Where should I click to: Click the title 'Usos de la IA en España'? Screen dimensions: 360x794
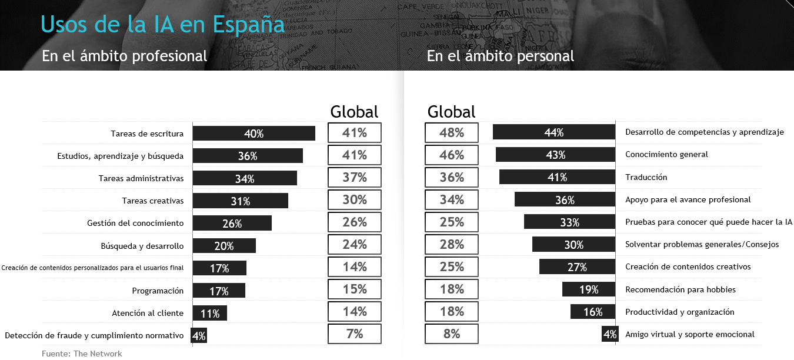[x=163, y=25]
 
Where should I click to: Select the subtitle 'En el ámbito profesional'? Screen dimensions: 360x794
[x=124, y=56]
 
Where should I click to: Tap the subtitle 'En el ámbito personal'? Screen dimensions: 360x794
[x=501, y=56]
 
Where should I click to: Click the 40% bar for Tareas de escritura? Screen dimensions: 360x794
[x=253, y=134]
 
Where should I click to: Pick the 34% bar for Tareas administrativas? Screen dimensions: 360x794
[x=245, y=178]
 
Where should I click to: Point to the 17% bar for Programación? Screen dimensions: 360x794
[x=219, y=291]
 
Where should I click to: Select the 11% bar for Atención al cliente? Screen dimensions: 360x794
[x=209, y=313]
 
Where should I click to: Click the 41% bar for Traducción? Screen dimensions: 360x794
[x=557, y=177]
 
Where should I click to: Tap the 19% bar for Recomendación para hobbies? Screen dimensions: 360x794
[x=588, y=289]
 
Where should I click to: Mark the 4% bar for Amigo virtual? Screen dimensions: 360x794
[x=609, y=334]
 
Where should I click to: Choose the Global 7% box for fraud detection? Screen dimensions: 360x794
[x=355, y=334]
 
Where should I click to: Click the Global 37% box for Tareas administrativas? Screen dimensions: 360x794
[x=355, y=178]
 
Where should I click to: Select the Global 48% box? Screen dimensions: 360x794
[x=452, y=133]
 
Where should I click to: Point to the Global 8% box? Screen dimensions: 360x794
[x=452, y=334]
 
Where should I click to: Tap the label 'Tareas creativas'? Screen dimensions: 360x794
[x=152, y=201]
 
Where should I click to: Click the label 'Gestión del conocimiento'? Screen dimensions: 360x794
[x=135, y=223]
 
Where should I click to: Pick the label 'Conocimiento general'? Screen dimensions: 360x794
[x=666, y=155]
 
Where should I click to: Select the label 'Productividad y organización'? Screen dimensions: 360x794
[x=679, y=312]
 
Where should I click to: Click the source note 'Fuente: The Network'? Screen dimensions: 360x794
[x=82, y=354]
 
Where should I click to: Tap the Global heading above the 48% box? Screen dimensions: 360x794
[x=451, y=112]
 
